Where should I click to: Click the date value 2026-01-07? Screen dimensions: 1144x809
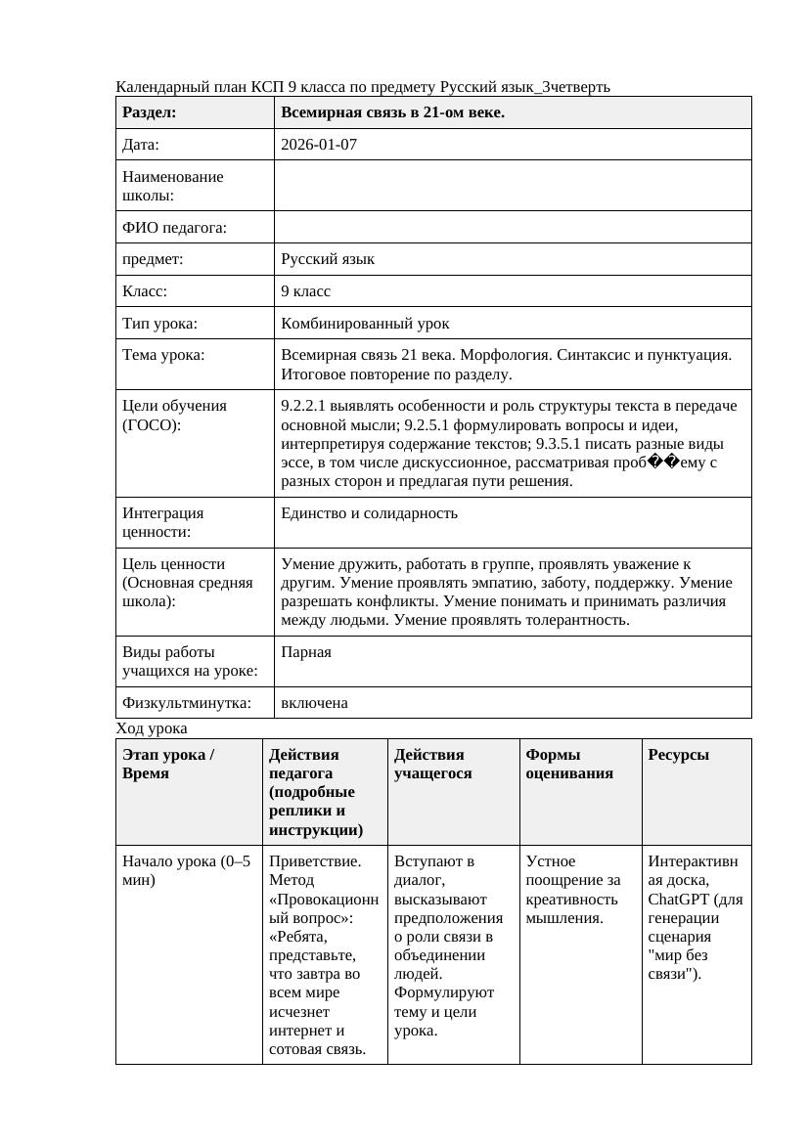(319, 145)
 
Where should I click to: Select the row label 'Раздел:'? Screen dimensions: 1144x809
(149, 112)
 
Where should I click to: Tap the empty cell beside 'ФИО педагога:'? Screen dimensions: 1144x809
(513, 227)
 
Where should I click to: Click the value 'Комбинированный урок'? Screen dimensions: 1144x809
(365, 323)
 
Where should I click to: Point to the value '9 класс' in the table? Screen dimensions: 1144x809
(305, 291)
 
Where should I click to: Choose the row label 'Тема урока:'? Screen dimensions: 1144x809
(163, 355)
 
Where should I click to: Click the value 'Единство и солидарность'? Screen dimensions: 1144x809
(369, 513)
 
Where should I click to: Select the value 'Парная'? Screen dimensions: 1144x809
(305, 652)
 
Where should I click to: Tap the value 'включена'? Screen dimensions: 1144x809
(314, 703)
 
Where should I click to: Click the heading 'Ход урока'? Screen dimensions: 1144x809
(152, 728)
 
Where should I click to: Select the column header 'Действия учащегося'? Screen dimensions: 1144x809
(431, 764)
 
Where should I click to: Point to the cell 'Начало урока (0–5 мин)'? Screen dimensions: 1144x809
(186, 870)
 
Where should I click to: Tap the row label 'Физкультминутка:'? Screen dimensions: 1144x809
(186, 703)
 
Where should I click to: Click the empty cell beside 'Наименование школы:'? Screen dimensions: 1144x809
(513, 186)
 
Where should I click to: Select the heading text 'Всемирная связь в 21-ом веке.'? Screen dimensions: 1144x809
(392, 112)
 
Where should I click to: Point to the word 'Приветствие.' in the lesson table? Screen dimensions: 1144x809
(315, 861)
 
